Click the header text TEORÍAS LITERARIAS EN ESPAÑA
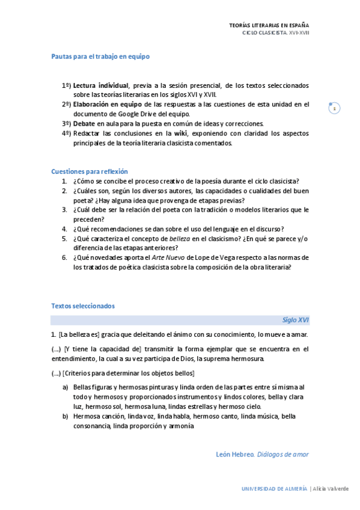[269, 25]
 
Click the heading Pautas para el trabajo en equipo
[100, 57]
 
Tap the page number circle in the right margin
[334, 108]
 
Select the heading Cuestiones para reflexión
[90, 171]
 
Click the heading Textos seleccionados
[83, 306]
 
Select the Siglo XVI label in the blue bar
[296, 321]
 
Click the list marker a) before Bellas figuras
[65, 388]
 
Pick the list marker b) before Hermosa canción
[65, 417]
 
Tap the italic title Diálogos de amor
[282, 455]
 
